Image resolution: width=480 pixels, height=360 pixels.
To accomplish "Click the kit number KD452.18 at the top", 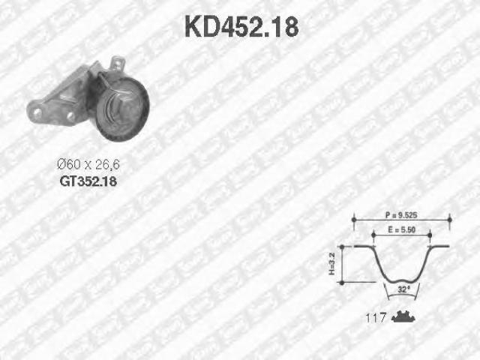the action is pos(241,27).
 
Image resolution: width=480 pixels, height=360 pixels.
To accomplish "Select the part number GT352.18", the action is pos(88,181).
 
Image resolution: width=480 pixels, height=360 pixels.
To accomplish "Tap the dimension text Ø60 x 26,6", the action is pos(88,165).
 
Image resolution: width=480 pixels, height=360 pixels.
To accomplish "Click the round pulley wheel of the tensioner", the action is pos(122,109).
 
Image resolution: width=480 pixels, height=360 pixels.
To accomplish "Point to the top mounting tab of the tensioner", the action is pos(118,63).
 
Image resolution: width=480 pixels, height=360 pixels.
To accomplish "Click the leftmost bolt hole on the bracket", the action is pos(37,112).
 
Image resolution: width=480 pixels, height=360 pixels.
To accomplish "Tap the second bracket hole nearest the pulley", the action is pos(70,116).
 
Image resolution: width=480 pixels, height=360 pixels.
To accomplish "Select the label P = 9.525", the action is pos(401,215).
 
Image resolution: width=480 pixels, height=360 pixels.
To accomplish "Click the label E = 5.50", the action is pos(402,230).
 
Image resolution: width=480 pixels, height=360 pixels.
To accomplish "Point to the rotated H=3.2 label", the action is pos(331,263).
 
